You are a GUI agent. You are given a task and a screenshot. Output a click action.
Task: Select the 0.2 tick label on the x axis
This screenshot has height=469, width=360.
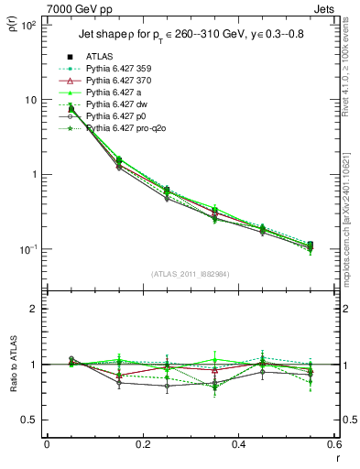[142, 444]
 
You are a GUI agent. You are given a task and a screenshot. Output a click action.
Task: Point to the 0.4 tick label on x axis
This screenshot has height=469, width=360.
[238, 444]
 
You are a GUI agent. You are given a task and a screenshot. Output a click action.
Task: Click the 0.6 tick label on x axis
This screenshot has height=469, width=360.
[333, 444]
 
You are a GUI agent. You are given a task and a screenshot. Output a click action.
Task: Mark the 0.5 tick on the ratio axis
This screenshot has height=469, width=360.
[31, 420]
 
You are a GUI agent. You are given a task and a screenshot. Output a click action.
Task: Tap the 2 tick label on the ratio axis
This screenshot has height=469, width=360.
[34, 309]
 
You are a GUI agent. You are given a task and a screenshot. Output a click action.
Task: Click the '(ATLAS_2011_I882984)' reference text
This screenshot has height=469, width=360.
[191, 274]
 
